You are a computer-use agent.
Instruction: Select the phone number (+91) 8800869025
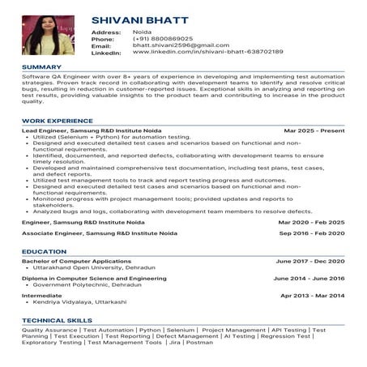(163, 38)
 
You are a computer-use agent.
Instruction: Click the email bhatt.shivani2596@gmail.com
(175, 45)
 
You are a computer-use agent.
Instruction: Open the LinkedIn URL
(207, 51)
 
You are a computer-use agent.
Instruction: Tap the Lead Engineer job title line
(90, 130)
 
